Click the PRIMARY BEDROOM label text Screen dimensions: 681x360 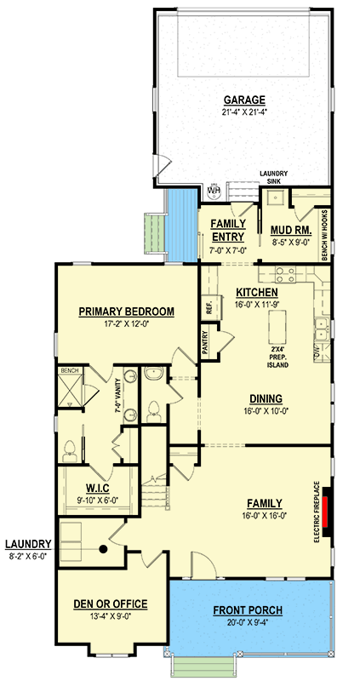(126, 312)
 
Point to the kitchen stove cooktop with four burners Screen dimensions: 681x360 (284, 274)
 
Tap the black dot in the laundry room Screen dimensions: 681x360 (102, 549)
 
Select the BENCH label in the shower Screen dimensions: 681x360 (69, 372)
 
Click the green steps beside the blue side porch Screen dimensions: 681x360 (154, 236)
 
